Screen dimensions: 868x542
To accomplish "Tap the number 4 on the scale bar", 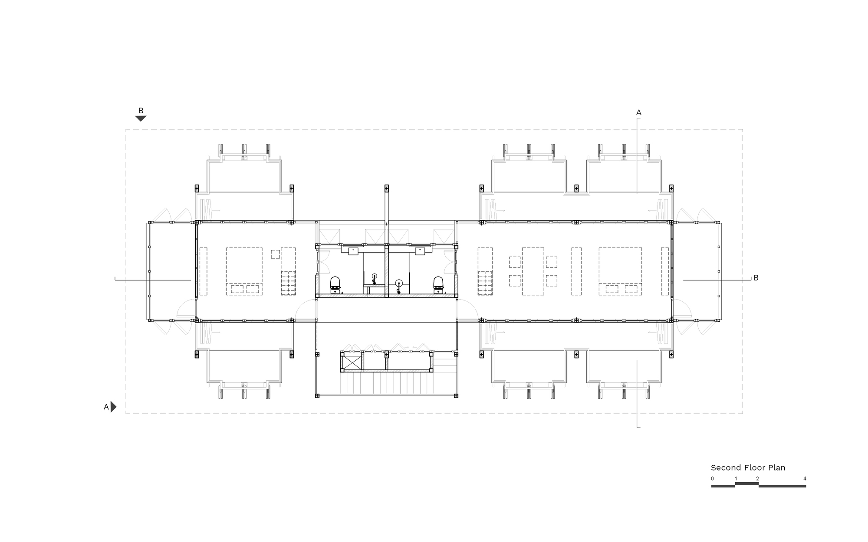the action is click(805, 479).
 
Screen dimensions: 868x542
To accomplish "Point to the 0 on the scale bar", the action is click(712, 479).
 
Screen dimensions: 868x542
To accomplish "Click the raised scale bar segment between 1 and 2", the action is click(746, 483).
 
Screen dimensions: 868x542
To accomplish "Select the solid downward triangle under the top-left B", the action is click(141, 118).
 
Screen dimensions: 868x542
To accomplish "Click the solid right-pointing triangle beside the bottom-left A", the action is click(114, 407).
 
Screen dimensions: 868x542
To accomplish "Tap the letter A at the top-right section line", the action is click(638, 113).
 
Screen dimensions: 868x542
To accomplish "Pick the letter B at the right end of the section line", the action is click(756, 278).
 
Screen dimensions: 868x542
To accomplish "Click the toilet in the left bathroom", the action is click(335, 284).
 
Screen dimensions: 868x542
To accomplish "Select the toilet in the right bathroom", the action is click(439, 284).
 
